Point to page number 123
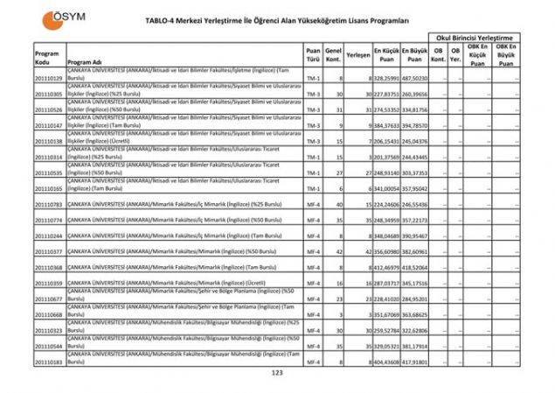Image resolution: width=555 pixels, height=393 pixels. [278, 374]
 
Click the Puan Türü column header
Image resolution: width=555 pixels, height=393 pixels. [313, 55]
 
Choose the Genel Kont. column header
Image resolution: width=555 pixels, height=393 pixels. [332, 55]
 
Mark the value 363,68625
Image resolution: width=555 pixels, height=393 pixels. [415, 313]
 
